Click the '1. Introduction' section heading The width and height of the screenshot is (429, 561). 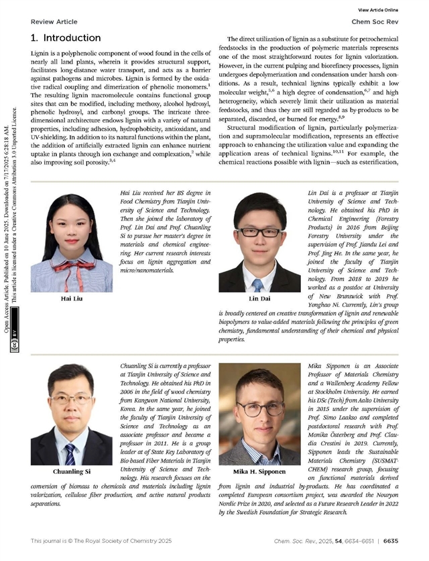click(66, 38)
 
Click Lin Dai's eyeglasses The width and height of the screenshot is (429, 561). click(258, 232)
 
